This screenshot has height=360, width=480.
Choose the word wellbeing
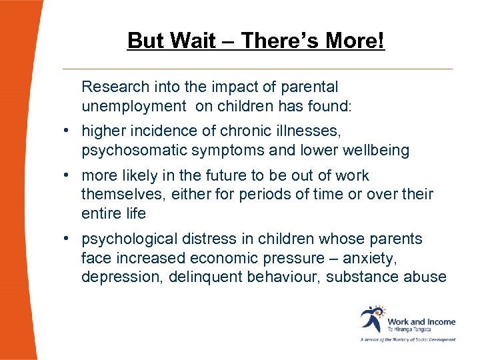[x=377, y=151]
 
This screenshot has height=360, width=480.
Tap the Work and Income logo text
[x=421, y=321]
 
